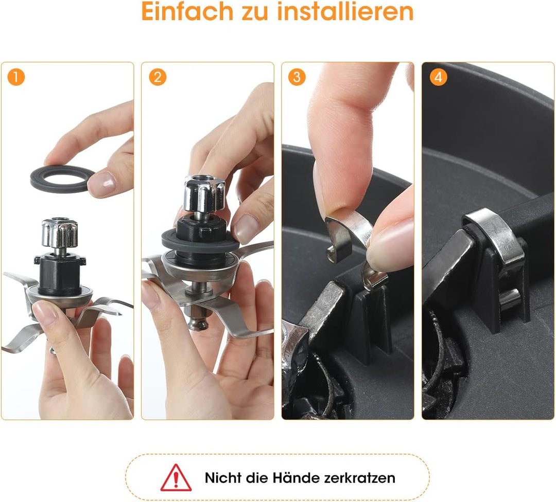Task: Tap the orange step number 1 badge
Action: coord(16,78)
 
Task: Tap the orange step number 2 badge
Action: coord(157,78)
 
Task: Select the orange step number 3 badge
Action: coord(297,78)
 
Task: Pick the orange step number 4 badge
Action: coord(438,78)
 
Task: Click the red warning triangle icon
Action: coord(176,478)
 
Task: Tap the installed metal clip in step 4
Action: coord(492,231)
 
